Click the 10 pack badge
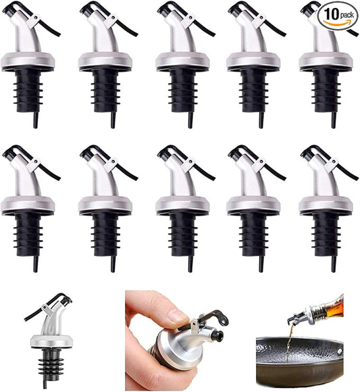(x=339, y=15)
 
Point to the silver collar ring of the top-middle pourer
(x=182, y=62)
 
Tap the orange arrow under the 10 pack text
(x=340, y=24)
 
